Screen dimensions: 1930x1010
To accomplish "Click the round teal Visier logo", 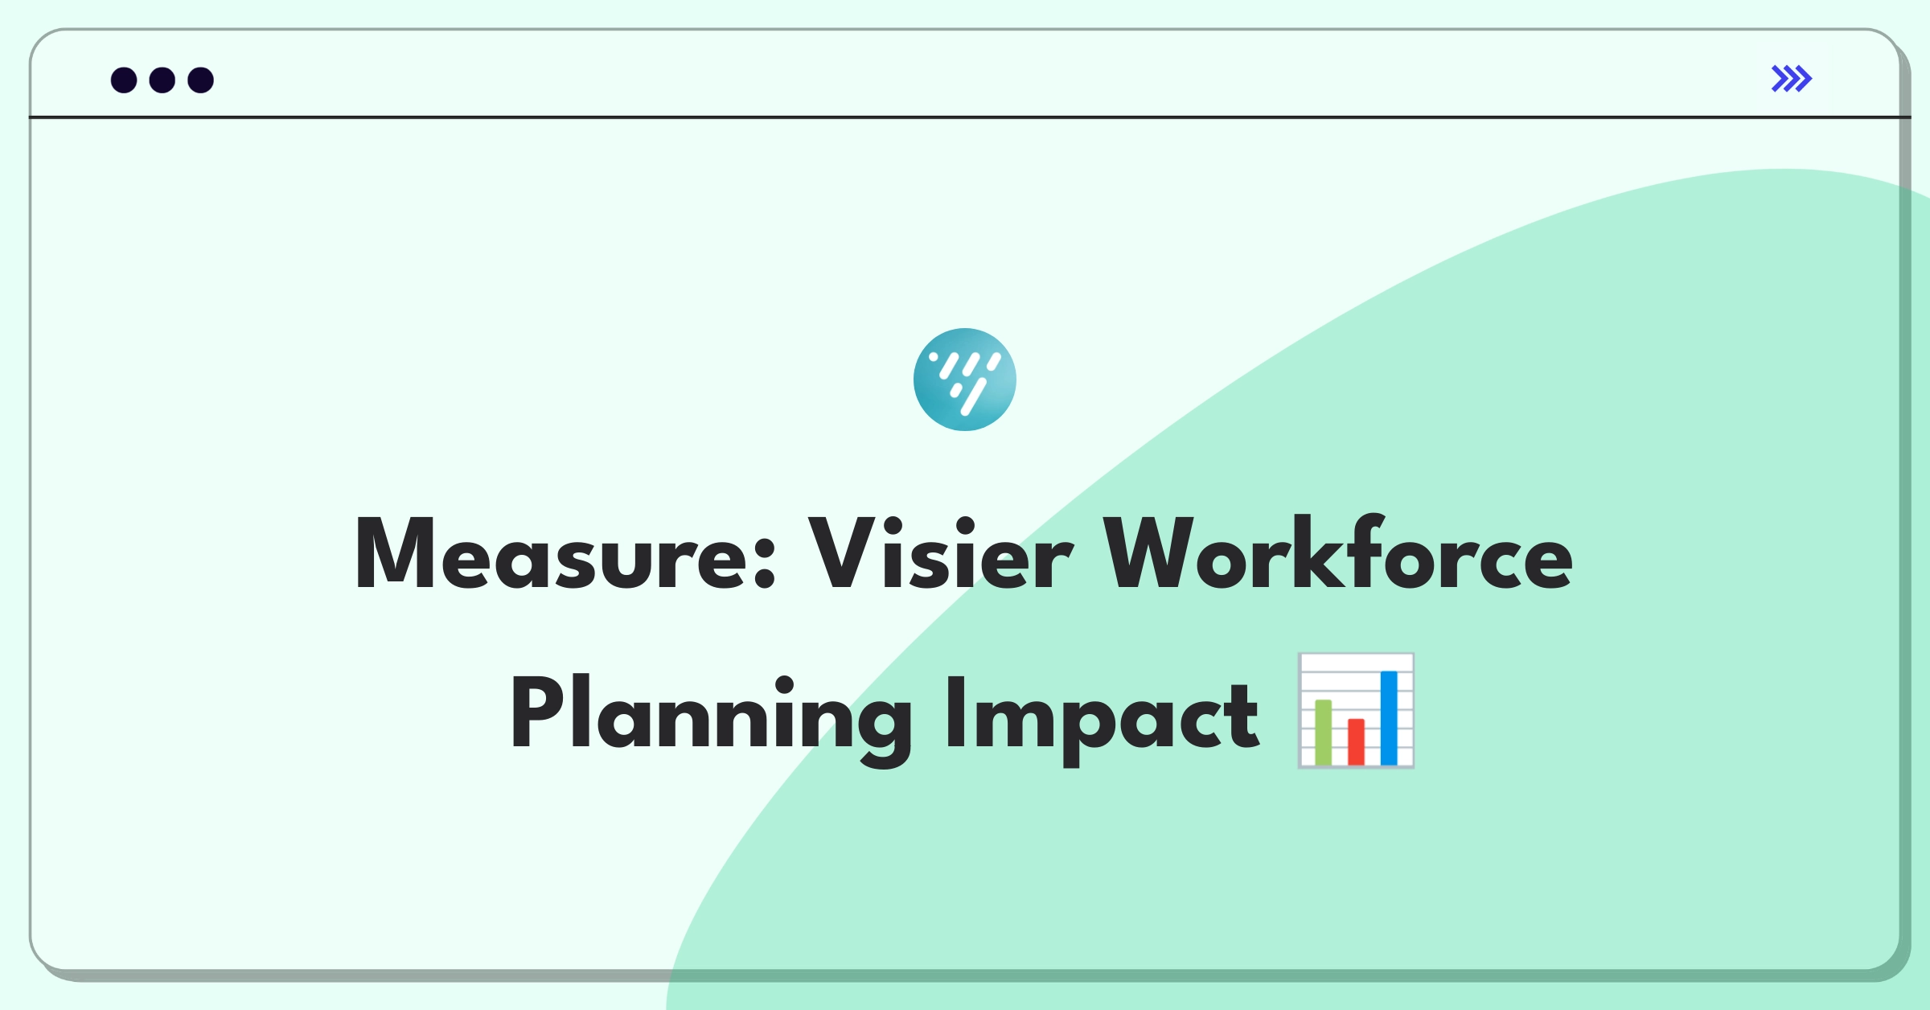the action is coord(965,380).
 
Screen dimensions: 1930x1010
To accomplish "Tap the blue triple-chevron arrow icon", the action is coord(1792,79).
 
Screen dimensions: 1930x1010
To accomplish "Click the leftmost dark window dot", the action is coord(124,80).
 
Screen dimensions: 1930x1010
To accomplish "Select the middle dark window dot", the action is coord(162,80).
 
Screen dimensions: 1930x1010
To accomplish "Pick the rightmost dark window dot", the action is coord(201,80).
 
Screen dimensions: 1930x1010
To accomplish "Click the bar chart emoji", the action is coord(1356,711).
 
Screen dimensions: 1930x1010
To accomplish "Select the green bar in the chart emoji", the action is coord(1324,733).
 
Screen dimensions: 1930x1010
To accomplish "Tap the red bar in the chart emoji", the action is coord(1357,742).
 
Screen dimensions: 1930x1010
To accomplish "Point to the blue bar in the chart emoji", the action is coord(1389,718).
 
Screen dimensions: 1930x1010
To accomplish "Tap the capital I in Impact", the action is coord(955,712).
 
